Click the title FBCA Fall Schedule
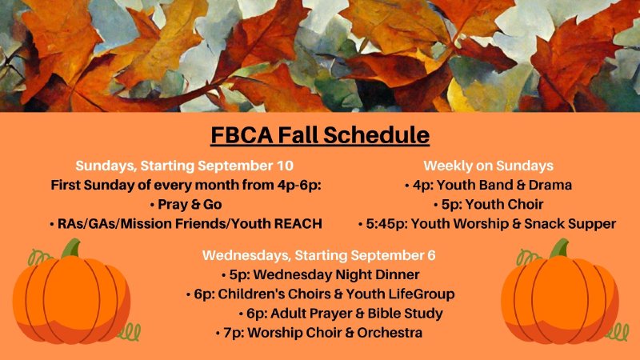coord(320,134)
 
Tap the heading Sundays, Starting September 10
coord(185,166)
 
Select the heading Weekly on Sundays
coord(488,166)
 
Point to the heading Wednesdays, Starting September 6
coord(319,255)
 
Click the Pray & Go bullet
coord(185,204)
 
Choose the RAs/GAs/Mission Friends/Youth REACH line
coord(185,223)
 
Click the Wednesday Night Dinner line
coord(319,274)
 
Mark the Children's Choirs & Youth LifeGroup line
coord(319,294)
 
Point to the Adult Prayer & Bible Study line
coord(340,313)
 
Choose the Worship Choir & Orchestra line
coord(319,332)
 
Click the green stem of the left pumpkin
coord(71,249)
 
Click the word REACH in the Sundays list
coord(297,223)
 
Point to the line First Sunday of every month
coord(185,185)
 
